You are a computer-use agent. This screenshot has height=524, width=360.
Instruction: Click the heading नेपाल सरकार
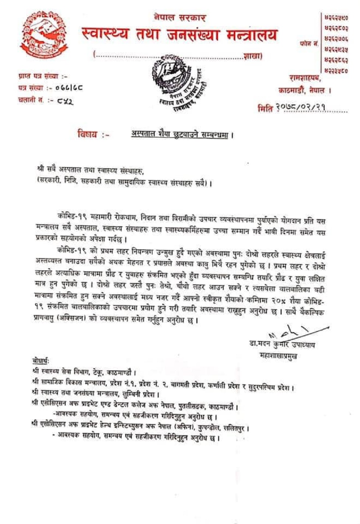(180, 17)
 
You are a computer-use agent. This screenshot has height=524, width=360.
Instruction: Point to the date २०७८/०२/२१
(302, 108)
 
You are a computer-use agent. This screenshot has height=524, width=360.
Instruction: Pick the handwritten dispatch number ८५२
(65, 100)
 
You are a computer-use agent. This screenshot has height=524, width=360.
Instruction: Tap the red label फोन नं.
(308, 44)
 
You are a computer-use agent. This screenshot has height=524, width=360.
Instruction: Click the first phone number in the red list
(336, 17)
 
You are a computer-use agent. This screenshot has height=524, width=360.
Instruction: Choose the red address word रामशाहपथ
(305, 78)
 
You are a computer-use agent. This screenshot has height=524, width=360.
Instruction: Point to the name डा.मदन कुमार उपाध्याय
(282, 344)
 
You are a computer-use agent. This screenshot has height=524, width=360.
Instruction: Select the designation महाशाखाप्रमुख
(279, 355)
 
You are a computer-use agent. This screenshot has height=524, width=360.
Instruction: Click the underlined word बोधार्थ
(41, 361)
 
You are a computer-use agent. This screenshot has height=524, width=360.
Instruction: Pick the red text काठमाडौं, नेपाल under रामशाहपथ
(304, 90)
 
